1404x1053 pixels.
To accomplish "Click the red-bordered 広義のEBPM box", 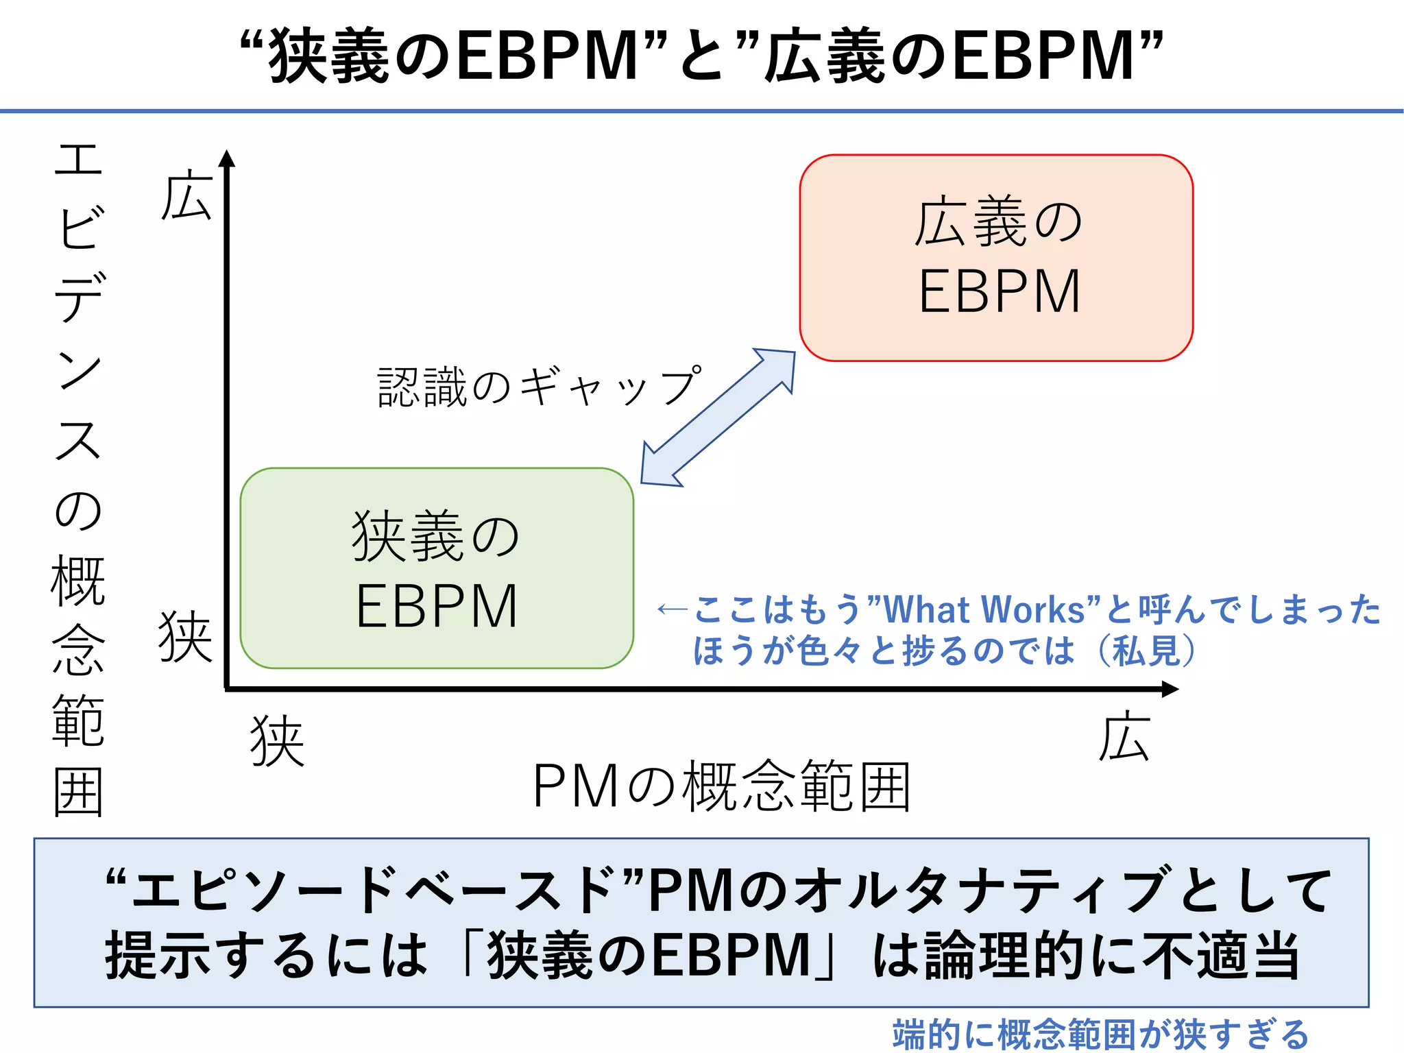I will click(x=996, y=258).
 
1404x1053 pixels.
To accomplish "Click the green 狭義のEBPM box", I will click(x=437, y=568).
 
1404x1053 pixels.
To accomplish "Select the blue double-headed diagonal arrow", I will click(x=718, y=417).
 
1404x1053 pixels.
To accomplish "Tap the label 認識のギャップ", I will click(x=540, y=387).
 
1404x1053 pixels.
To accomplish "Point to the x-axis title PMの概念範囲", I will click(x=721, y=787).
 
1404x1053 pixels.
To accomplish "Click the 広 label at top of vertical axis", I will click(x=186, y=197).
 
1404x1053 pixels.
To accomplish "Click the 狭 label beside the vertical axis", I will click(x=185, y=637).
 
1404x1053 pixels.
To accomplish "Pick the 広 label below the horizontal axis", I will click(x=1124, y=737).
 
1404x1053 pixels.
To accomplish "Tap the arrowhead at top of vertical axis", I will click(x=227, y=158).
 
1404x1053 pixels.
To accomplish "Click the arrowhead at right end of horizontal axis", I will click(x=1170, y=689).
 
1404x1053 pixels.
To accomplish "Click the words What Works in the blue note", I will click(x=984, y=609).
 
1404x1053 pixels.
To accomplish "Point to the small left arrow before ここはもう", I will click(x=672, y=609).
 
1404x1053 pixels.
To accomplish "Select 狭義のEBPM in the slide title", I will click(x=453, y=56).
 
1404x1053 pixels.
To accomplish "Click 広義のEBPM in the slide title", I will click(x=949, y=56).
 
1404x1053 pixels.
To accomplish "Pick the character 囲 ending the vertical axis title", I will click(x=78, y=792).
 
